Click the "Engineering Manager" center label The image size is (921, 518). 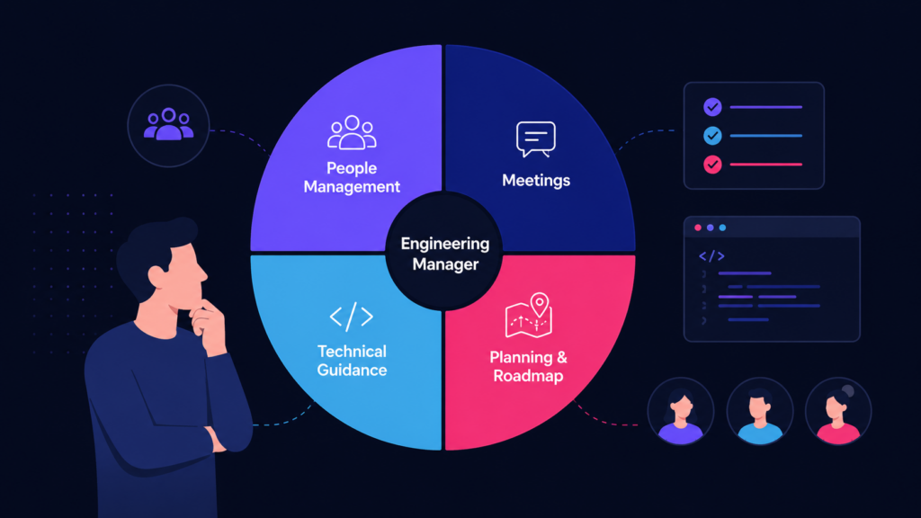pyautogui.click(x=444, y=254)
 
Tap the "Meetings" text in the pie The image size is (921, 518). pyautogui.click(x=536, y=180)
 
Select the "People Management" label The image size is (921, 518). pyautogui.click(x=352, y=177)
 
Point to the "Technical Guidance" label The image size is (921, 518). pyautogui.click(x=352, y=361)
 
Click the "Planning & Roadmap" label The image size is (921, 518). pyautogui.click(x=528, y=367)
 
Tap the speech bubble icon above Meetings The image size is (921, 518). pyautogui.click(x=536, y=139)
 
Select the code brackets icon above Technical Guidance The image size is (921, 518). pyautogui.click(x=352, y=317)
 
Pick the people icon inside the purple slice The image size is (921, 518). pyautogui.click(x=352, y=132)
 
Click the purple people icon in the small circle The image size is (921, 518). pyautogui.click(x=168, y=124)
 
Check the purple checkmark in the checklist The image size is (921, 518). pyautogui.click(x=712, y=107)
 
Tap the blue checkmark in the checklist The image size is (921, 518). pyautogui.click(x=712, y=136)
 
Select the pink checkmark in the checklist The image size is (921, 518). pyautogui.click(x=712, y=165)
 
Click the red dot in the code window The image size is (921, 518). pyautogui.click(x=698, y=228)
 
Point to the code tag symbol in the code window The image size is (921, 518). pyautogui.click(x=711, y=256)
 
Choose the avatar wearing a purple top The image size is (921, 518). pyautogui.click(x=681, y=411)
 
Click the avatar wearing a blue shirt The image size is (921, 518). pyautogui.click(x=760, y=411)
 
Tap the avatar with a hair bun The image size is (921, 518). pyautogui.click(x=838, y=411)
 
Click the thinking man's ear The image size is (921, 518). pyautogui.click(x=156, y=275)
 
